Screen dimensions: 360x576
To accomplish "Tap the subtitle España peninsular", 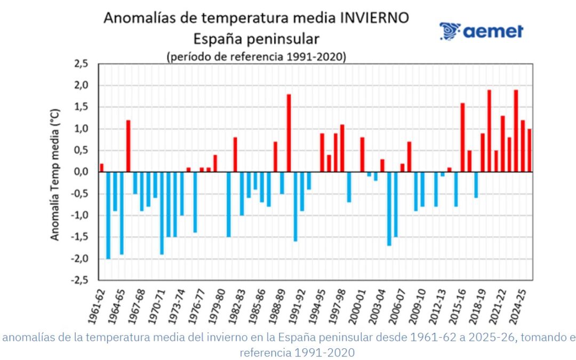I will coord(256,38).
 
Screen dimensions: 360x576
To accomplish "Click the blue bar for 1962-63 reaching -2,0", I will coord(108,215).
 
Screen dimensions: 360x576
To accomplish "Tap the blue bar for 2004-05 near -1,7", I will coord(389,209).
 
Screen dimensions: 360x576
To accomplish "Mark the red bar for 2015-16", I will coord(462,138).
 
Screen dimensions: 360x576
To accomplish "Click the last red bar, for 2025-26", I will coord(529,150).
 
